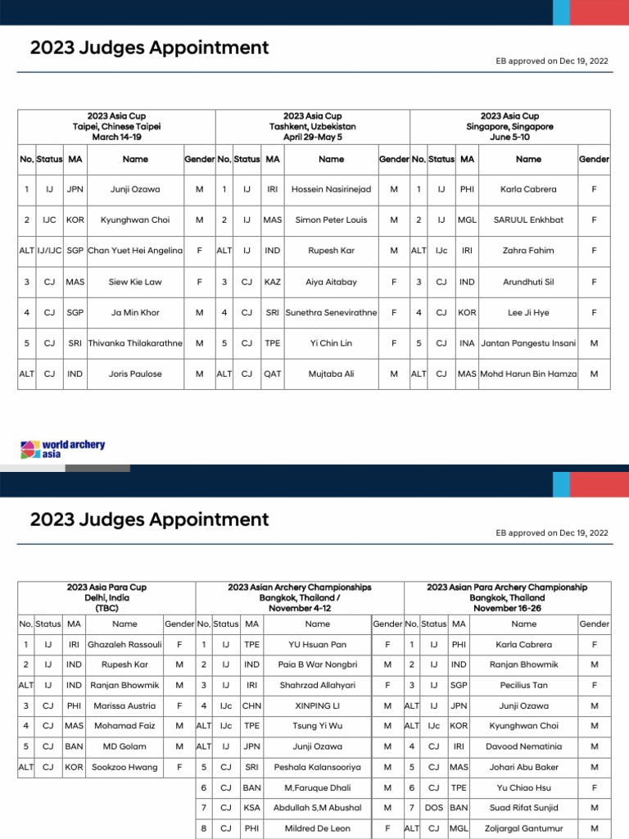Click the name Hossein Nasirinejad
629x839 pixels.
point(331,189)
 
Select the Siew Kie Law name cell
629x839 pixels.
point(135,282)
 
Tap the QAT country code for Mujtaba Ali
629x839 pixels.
point(273,374)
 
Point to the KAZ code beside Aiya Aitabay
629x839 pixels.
point(273,282)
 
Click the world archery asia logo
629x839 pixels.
point(63,449)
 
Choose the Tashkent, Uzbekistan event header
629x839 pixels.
point(312,127)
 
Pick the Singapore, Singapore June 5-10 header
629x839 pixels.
point(510,127)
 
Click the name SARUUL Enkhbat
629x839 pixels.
point(528,220)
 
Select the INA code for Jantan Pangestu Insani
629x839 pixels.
point(467,343)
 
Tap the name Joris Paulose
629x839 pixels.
point(135,374)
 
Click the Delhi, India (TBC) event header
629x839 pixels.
point(107,598)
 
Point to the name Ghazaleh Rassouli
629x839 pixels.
point(124,645)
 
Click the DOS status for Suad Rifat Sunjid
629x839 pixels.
point(434,808)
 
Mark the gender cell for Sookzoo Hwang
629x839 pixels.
point(179,767)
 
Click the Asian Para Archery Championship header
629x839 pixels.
point(507,598)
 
